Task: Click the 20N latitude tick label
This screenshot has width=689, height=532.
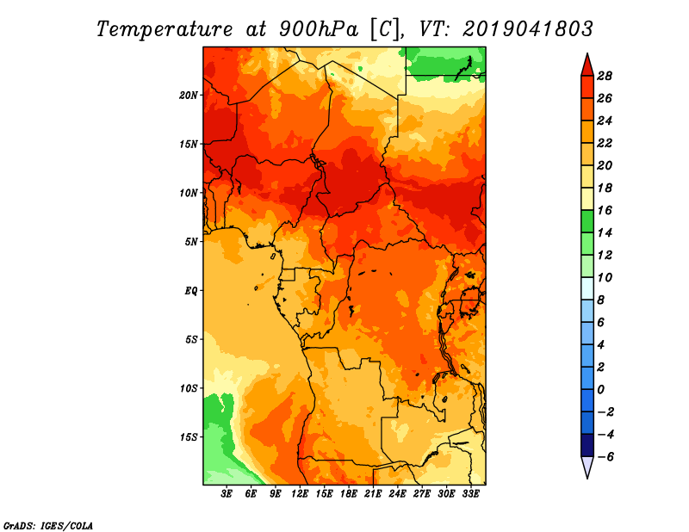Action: click(x=189, y=95)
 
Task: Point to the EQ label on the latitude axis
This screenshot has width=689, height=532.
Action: click(x=191, y=291)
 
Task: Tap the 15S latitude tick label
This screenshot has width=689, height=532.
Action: click(x=189, y=437)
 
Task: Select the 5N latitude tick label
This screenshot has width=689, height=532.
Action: click(x=191, y=242)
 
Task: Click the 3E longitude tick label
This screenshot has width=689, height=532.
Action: click(x=227, y=494)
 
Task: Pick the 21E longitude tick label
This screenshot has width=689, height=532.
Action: click(x=374, y=494)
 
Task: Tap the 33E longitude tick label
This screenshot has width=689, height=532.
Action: click(x=471, y=494)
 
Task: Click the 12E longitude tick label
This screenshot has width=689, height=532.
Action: click(x=301, y=494)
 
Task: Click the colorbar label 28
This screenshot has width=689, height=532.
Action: click(x=605, y=75)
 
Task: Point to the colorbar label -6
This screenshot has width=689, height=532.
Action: click(x=605, y=456)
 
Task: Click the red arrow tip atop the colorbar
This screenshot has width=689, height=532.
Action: click(x=587, y=62)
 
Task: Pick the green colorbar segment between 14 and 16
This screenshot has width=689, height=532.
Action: click(x=587, y=221)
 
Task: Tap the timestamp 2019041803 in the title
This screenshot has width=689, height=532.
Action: click(x=528, y=28)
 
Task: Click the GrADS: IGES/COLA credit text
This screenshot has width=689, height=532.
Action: click(x=48, y=524)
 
